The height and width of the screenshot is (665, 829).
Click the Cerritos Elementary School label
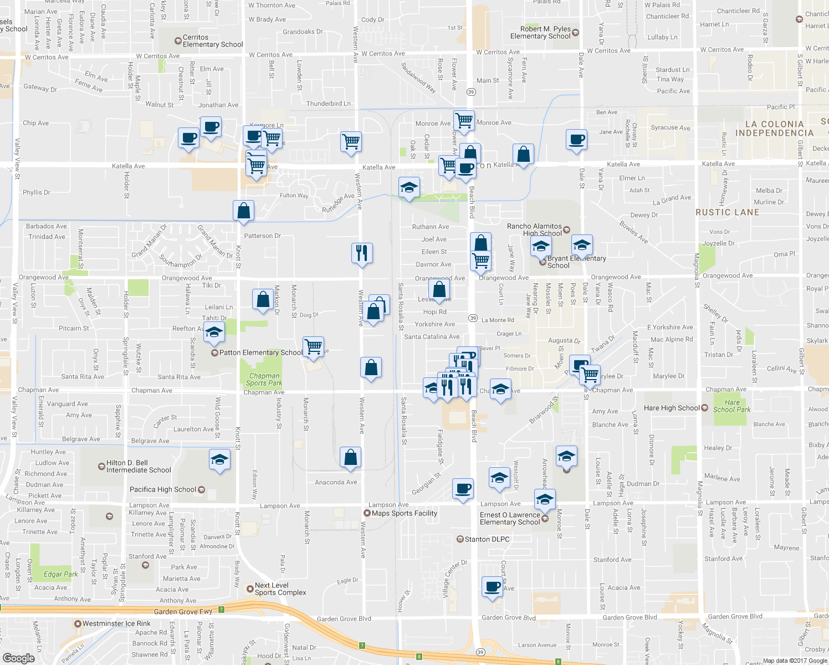tap(213, 41)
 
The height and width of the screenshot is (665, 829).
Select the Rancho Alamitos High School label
tap(534, 230)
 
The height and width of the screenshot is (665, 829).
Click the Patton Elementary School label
tap(260, 352)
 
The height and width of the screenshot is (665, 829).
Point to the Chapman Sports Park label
tap(264, 380)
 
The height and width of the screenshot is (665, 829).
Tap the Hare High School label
tap(672, 408)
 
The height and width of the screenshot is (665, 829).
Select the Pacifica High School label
tap(163, 489)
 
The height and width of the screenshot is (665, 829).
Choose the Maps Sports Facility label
tap(404, 513)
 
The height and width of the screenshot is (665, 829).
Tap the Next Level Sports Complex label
tap(280, 589)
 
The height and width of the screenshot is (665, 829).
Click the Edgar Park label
tap(61, 574)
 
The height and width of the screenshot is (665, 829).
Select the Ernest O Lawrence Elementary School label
tap(510, 519)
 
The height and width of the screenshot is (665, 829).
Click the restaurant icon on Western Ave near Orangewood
tap(362, 253)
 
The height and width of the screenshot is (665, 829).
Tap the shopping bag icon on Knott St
tap(243, 211)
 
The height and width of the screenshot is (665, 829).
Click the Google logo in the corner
tap(19, 658)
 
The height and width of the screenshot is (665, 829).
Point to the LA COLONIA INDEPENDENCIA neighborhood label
tap(774, 129)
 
